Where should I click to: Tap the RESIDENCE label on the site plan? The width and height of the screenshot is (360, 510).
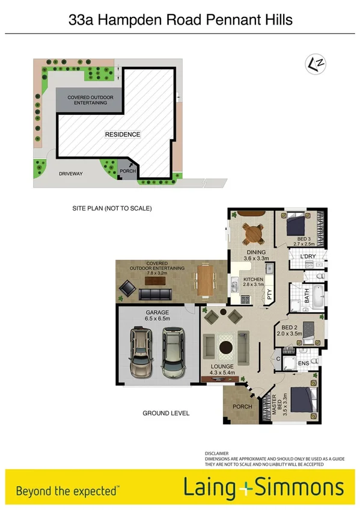[123, 134]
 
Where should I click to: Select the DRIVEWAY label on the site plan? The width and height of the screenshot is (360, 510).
[70, 174]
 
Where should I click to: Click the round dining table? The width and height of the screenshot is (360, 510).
[252, 232]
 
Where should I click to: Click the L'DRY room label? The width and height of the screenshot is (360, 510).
[308, 257]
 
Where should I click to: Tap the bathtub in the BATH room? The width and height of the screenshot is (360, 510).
[318, 296]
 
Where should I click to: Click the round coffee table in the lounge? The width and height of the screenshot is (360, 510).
[227, 347]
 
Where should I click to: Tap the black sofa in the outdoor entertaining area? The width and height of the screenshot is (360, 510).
[154, 294]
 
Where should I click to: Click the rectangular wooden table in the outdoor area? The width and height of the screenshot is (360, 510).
[205, 281]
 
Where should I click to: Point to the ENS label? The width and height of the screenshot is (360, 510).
[302, 363]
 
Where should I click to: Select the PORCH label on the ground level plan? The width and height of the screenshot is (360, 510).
[242, 406]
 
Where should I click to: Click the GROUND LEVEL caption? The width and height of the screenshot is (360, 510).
[166, 413]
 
